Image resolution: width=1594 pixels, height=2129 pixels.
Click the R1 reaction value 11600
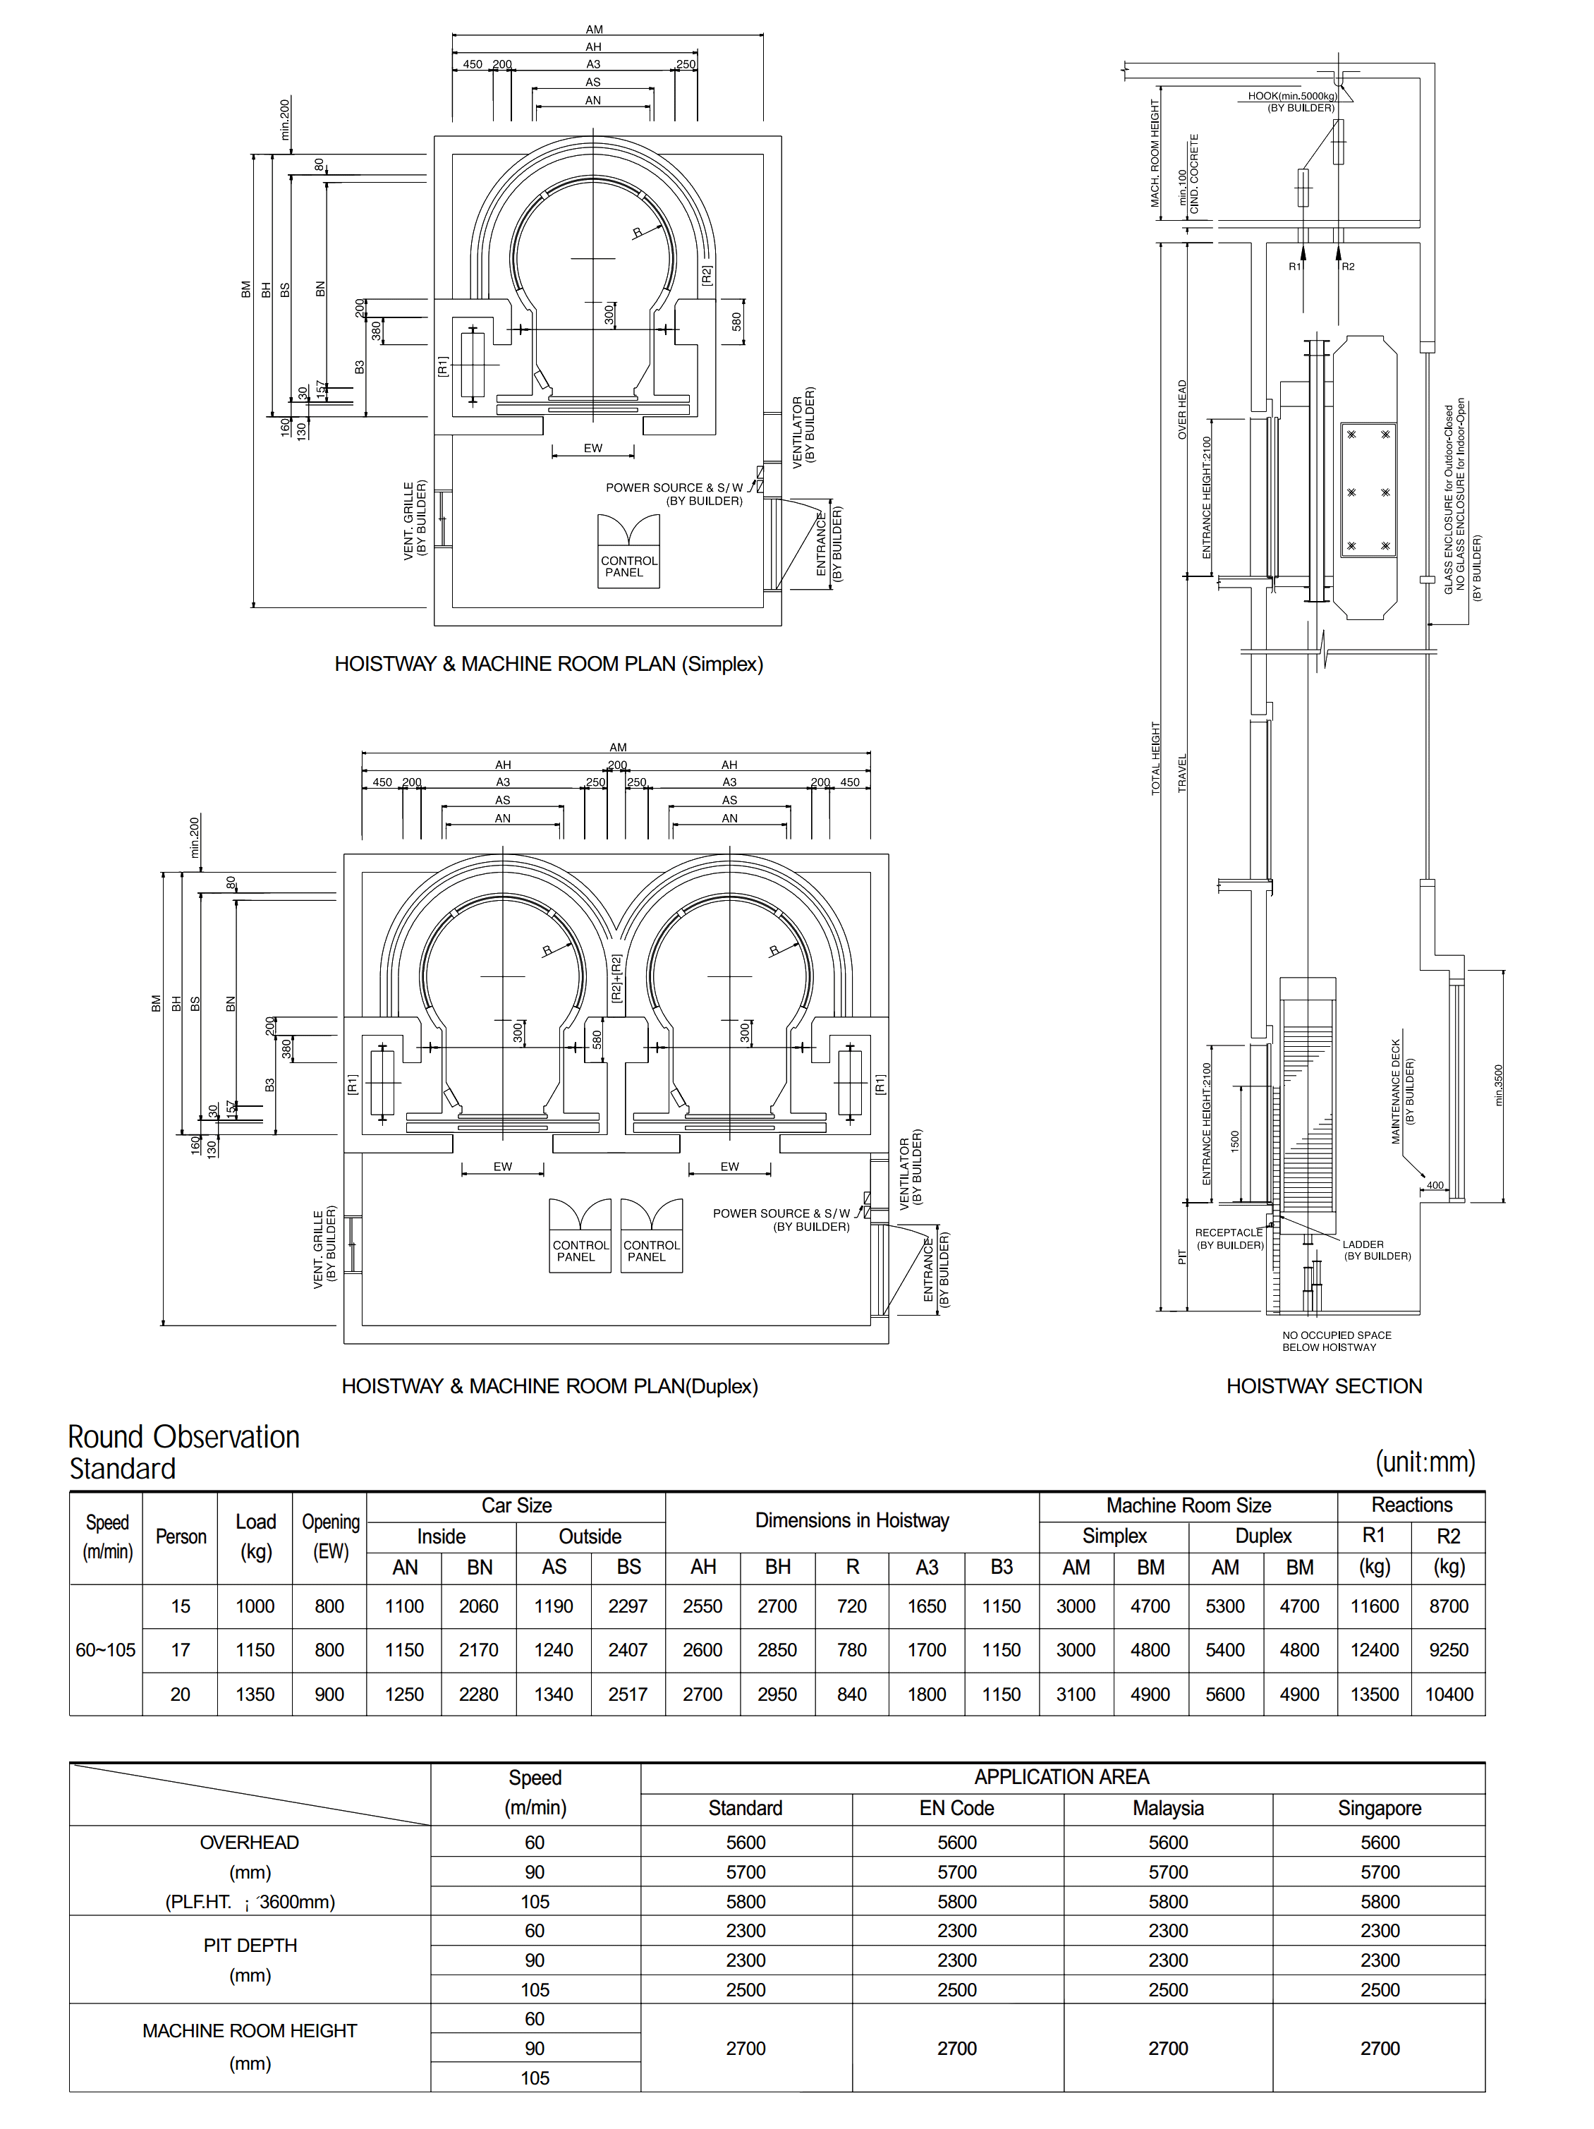coord(1373,1606)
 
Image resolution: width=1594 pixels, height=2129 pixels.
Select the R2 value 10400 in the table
coord(1449,1694)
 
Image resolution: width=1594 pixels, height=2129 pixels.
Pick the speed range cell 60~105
coord(106,1650)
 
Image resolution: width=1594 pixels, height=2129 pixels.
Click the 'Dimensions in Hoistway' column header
coord(852,1521)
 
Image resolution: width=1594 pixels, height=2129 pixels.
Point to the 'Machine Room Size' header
coord(1188,1505)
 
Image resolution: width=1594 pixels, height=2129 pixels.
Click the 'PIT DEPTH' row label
coord(250,1945)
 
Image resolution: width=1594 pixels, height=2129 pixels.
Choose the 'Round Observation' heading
coord(184,1437)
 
